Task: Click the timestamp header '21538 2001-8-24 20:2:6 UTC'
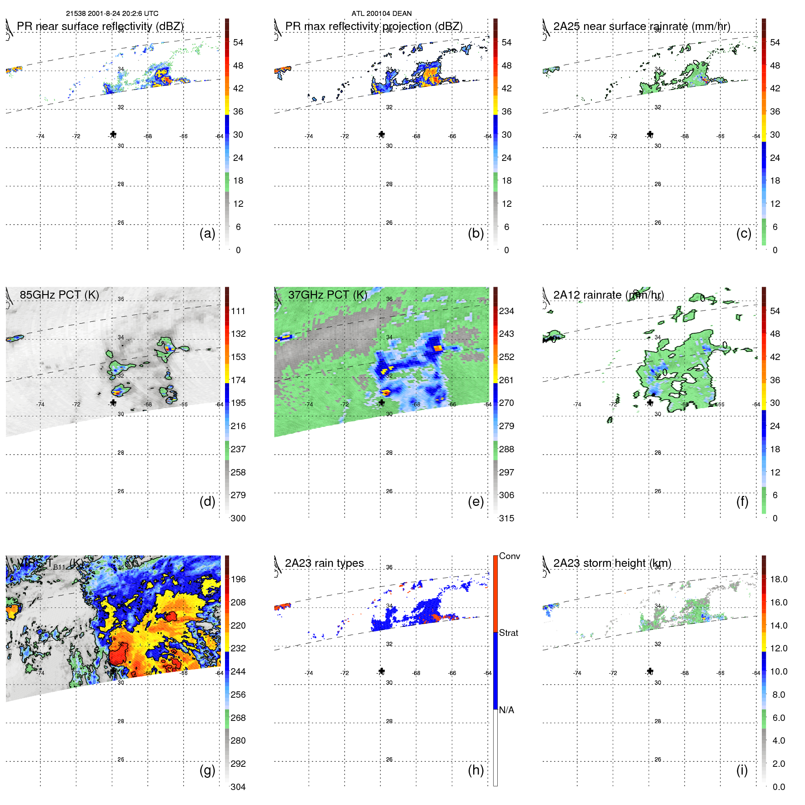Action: pyautogui.click(x=112, y=14)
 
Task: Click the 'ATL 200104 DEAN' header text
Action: pyautogui.click(x=381, y=14)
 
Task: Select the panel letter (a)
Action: pyautogui.click(x=207, y=234)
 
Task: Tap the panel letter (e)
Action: pyautogui.click(x=475, y=502)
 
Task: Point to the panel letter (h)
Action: pyautogui.click(x=475, y=770)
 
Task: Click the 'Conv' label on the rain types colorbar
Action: pyautogui.click(x=510, y=556)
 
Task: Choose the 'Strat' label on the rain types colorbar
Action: pyautogui.click(x=509, y=633)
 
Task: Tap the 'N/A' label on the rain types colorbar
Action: pyautogui.click(x=506, y=710)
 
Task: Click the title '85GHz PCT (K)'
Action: pyautogui.click(x=60, y=295)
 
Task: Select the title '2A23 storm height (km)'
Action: pyautogui.click(x=612, y=563)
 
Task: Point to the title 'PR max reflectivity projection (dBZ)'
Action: pyautogui.click(x=374, y=26)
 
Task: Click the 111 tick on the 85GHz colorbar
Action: pyautogui.click(x=238, y=311)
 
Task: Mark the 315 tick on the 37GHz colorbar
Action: pyautogui.click(x=506, y=518)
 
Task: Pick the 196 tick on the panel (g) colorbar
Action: pyautogui.click(x=238, y=579)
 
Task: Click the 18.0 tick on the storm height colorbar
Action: pyautogui.click(x=779, y=579)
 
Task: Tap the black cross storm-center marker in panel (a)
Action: pyautogui.click(x=113, y=134)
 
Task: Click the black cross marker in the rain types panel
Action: pyautogui.click(x=381, y=671)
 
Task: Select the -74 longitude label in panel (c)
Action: pyautogui.click(x=577, y=136)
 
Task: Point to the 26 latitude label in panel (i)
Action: pyautogui.click(x=658, y=760)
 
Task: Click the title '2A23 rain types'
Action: pyautogui.click(x=325, y=563)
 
